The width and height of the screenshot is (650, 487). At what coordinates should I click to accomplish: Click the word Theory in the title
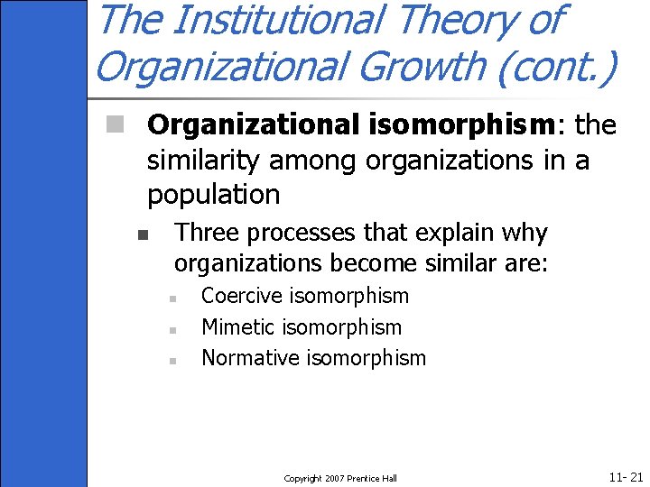tap(460, 20)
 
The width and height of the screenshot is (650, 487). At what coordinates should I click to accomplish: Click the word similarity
tap(209, 161)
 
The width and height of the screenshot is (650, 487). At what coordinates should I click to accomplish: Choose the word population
tap(213, 195)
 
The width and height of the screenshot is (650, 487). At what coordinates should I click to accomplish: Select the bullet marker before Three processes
tap(142, 235)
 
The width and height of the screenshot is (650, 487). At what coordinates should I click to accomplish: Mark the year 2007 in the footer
tap(334, 478)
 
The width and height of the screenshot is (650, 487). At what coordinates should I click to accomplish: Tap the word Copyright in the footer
tap(302, 478)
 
